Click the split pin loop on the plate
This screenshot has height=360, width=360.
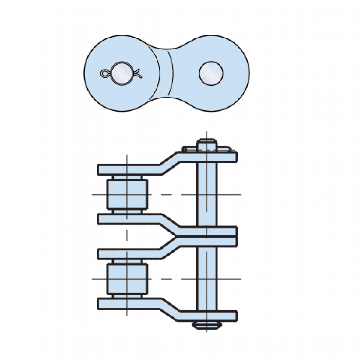[x=104, y=73]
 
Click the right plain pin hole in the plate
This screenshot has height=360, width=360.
[x=211, y=73]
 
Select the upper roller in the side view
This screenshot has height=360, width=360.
[x=127, y=195]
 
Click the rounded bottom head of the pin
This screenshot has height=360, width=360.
[x=207, y=325]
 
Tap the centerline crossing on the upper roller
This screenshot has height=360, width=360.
[x=127, y=195]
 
